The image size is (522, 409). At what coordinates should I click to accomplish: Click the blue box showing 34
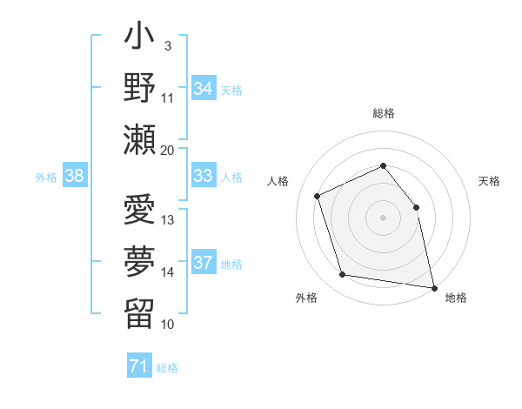coord(203,88)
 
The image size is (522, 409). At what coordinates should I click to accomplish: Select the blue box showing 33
coord(203,177)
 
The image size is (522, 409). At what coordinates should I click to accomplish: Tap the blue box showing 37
coord(203,263)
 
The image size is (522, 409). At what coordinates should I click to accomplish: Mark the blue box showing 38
coord(74,177)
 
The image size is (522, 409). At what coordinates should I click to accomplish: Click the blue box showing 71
coord(138,366)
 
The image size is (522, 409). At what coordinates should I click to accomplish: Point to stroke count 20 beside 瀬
coord(168,150)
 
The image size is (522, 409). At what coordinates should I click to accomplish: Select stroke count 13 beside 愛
coord(168,219)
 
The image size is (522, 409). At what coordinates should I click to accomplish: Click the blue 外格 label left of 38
coord(46,178)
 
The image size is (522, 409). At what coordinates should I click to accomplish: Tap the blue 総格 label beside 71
coord(167,368)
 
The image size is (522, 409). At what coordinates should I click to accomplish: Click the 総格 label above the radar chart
coord(383,113)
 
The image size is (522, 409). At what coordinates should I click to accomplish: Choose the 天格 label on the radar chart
coord(489,181)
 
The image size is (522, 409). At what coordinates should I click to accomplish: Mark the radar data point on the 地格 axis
coord(432,286)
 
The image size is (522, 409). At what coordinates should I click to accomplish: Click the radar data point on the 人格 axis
coord(318,196)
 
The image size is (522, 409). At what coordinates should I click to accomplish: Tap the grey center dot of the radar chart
coord(383,217)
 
